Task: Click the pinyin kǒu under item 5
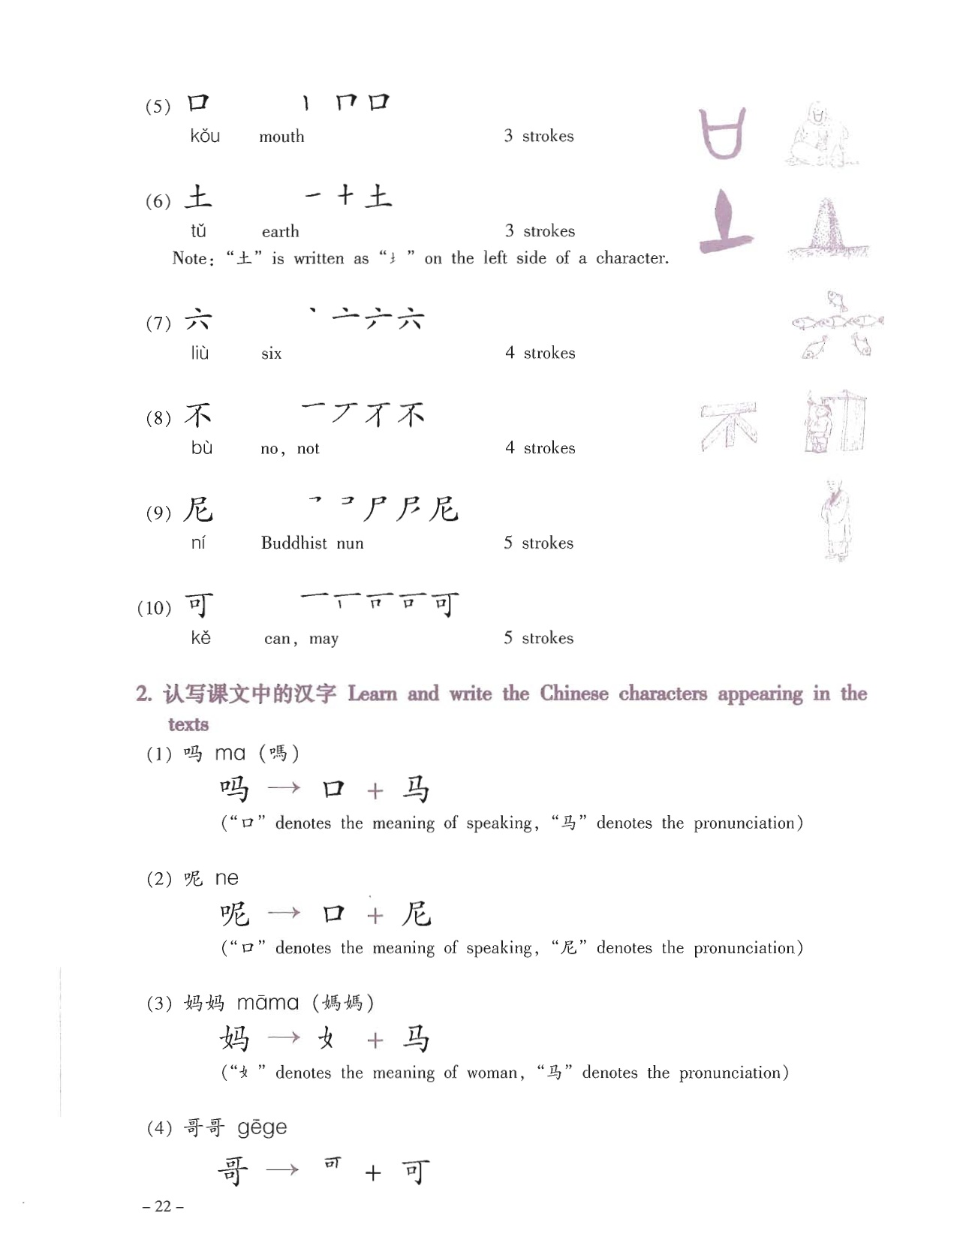[205, 137]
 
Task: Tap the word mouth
[281, 137]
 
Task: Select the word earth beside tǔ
[280, 231]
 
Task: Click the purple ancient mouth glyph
[723, 134]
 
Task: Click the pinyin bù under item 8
[201, 448]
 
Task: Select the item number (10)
[154, 607]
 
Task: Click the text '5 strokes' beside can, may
[538, 638]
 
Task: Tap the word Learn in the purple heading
[372, 694]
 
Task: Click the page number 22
[163, 1206]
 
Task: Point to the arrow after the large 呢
[284, 913]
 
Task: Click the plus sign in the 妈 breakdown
[375, 1040]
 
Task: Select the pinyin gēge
[262, 1127]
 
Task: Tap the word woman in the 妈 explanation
[491, 1073]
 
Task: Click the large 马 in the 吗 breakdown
[415, 790]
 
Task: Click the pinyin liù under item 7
[200, 353]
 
